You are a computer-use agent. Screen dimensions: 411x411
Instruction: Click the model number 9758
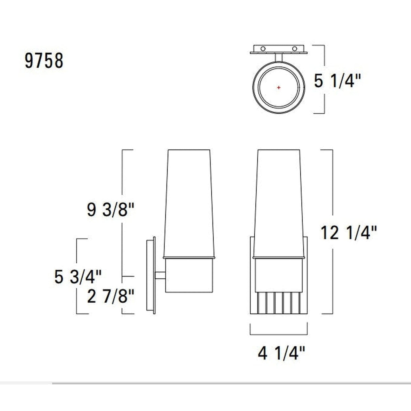click(x=44, y=61)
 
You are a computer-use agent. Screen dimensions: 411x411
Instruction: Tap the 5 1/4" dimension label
click(x=337, y=81)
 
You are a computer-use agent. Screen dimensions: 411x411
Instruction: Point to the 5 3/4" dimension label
click(x=78, y=276)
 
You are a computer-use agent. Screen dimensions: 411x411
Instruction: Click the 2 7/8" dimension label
click(x=110, y=297)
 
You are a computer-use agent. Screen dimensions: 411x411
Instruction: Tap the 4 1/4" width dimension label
click(x=281, y=354)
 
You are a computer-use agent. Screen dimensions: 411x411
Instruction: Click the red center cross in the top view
click(x=278, y=87)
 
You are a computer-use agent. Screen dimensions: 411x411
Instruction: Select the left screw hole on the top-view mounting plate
click(x=263, y=49)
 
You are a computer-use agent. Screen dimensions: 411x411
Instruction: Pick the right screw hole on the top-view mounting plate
click(x=294, y=49)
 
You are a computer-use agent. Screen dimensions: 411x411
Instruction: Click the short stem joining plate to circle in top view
click(x=278, y=57)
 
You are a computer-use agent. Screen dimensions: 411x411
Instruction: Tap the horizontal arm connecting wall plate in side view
click(x=160, y=276)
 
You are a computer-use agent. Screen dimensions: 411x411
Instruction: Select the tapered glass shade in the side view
click(x=189, y=203)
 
